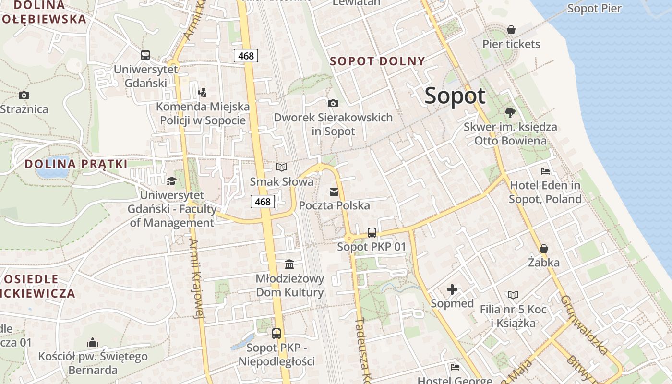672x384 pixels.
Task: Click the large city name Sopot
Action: point(455,96)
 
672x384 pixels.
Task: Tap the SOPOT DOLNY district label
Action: point(378,61)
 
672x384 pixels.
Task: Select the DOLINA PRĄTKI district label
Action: point(76,164)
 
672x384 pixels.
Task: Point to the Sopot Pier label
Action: point(594,8)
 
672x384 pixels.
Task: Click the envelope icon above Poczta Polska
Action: point(334,192)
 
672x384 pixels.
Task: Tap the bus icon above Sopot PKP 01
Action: point(372,233)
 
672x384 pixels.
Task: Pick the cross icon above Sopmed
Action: point(452,289)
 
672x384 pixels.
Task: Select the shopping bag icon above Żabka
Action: point(544,249)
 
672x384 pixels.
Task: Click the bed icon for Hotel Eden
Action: point(545,171)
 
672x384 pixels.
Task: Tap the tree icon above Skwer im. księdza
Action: point(510,113)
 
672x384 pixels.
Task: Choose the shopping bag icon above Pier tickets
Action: point(511,30)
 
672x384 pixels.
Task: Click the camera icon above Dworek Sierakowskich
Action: point(333,103)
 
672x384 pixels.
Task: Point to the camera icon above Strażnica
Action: point(24,95)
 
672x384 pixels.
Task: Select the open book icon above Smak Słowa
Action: point(282,167)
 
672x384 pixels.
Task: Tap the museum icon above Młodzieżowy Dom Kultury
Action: point(289,264)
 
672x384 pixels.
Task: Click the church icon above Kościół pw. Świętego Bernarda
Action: point(93,342)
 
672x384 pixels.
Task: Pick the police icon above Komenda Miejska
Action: point(203,92)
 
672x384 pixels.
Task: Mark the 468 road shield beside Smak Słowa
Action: point(263,202)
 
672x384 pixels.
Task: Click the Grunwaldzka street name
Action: point(584,324)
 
